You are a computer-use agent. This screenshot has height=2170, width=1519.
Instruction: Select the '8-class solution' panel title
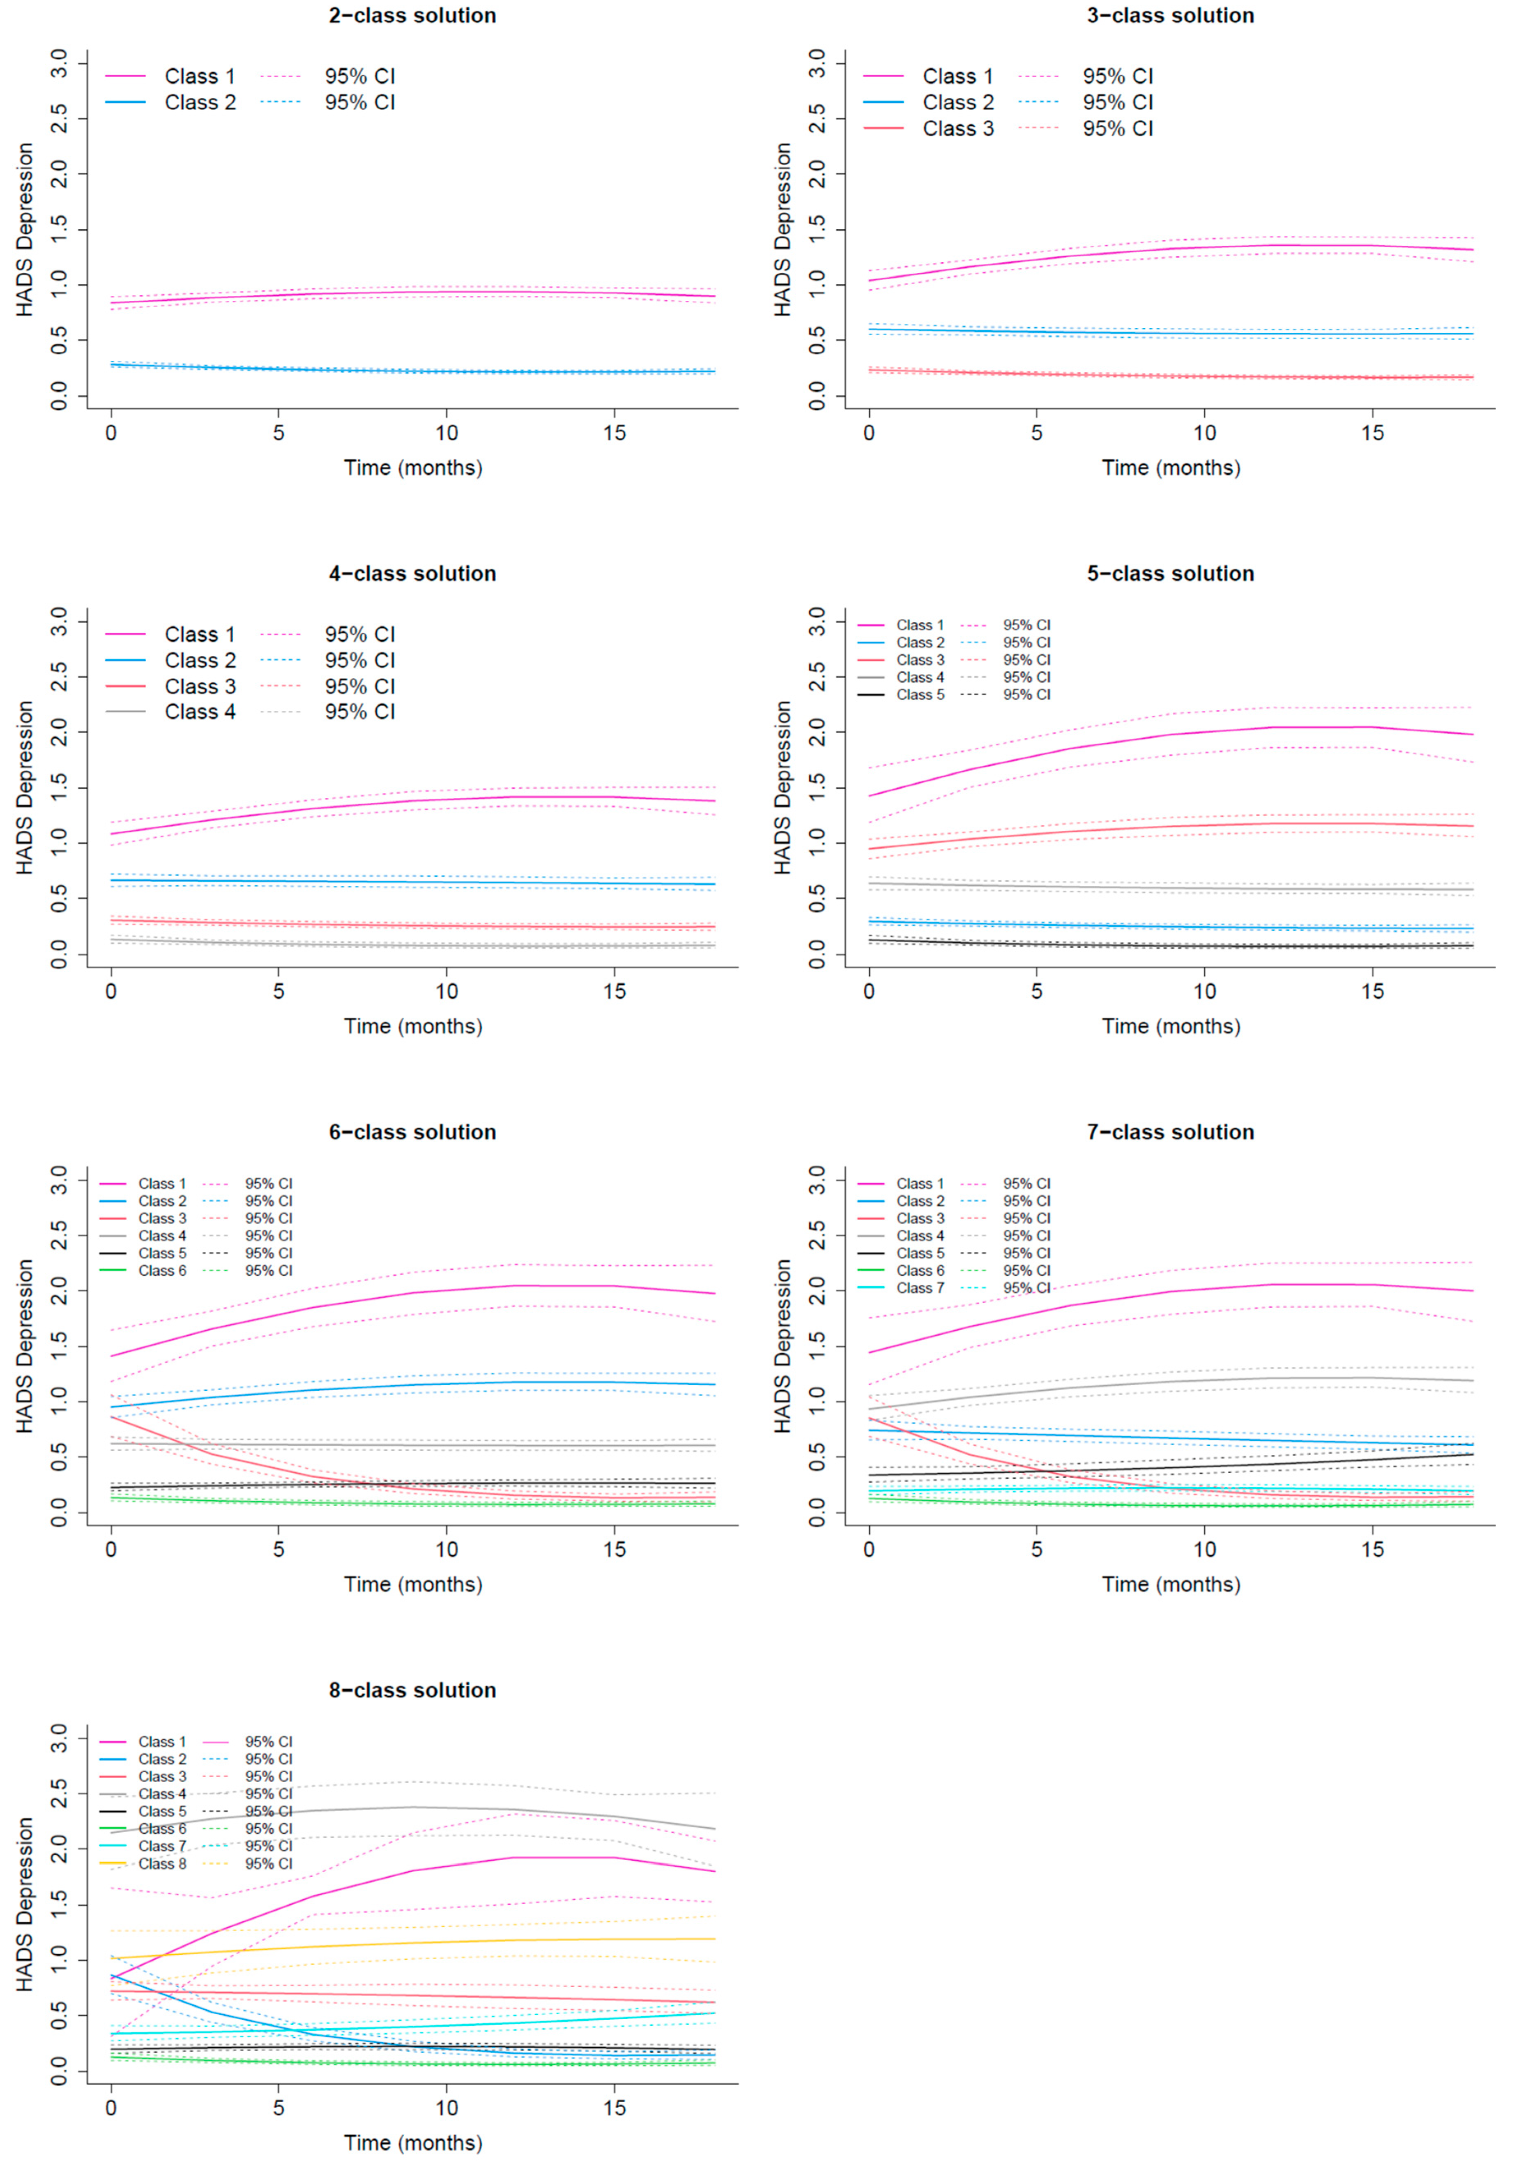point(412,1690)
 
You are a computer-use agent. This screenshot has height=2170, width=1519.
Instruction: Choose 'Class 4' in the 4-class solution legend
point(200,712)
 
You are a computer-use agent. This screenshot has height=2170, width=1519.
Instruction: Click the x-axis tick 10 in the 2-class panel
point(446,433)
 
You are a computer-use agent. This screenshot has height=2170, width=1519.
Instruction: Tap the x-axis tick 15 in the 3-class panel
point(1372,433)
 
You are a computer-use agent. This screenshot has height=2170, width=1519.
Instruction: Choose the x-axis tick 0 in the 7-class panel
point(869,1550)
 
